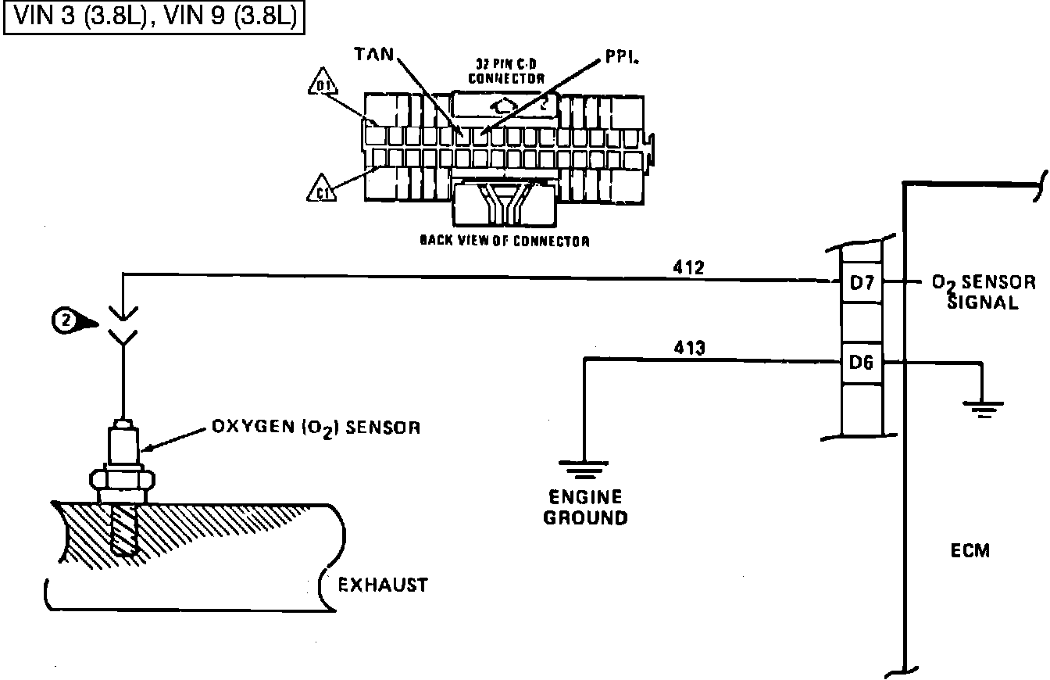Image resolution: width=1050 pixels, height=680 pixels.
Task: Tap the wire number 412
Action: [688, 268]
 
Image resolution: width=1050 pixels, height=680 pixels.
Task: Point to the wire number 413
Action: [688, 348]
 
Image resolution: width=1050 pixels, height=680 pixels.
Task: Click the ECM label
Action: [970, 550]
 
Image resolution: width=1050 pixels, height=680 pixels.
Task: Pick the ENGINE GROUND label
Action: [586, 507]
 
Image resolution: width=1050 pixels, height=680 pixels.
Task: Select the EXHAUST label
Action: [383, 585]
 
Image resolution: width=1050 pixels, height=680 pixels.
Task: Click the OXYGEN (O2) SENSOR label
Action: [316, 428]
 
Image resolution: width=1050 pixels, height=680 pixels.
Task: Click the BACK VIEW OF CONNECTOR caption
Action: [504, 242]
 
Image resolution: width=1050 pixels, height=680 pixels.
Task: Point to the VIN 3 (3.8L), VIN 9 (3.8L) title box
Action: [154, 17]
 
